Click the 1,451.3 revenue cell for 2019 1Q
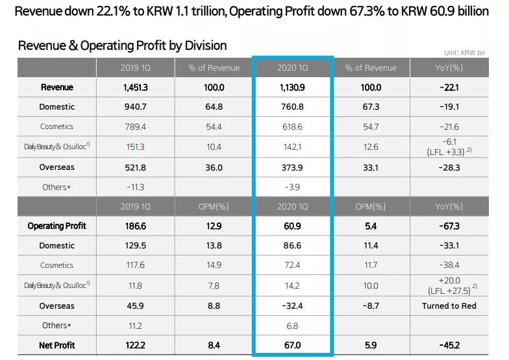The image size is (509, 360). click(x=135, y=88)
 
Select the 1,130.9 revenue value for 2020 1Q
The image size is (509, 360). click(x=292, y=88)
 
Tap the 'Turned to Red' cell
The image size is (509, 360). click(x=449, y=306)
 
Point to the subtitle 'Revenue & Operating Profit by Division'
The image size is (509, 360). click(x=123, y=45)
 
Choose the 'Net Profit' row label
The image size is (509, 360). click(x=57, y=345)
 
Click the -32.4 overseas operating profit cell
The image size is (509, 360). click(x=292, y=306)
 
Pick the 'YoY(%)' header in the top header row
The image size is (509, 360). click(x=449, y=67)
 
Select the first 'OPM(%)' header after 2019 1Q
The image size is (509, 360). click(x=214, y=206)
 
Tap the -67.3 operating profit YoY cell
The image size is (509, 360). click(x=449, y=226)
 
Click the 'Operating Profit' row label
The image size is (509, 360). click(x=57, y=226)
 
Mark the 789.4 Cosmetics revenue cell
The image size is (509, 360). click(x=135, y=126)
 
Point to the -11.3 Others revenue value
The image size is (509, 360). click(x=135, y=187)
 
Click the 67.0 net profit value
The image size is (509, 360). click(x=292, y=345)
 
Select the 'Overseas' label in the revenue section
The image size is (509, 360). click(x=57, y=167)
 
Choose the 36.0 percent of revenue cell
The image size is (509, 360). click(x=214, y=167)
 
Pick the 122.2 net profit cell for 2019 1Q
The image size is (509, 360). click(x=135, y=345)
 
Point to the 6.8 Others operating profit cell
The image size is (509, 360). click(x=292, y=326)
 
